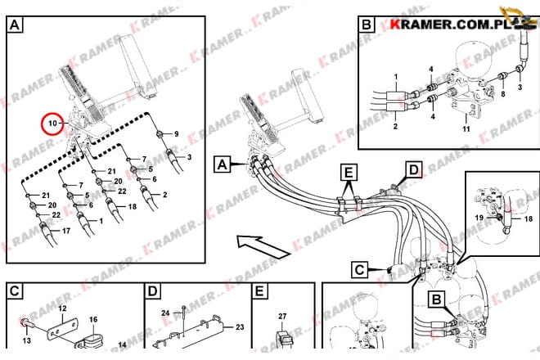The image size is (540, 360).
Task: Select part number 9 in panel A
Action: tap(174, 133)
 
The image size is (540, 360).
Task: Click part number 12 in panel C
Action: tap(61, 308)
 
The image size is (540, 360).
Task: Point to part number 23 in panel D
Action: tap(240, 326)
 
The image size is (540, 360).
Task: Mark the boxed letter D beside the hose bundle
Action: tap(414, 170)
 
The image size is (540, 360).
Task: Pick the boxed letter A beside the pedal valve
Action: tap(221, 164)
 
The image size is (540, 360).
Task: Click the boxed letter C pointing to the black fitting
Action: tap(360, 269)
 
